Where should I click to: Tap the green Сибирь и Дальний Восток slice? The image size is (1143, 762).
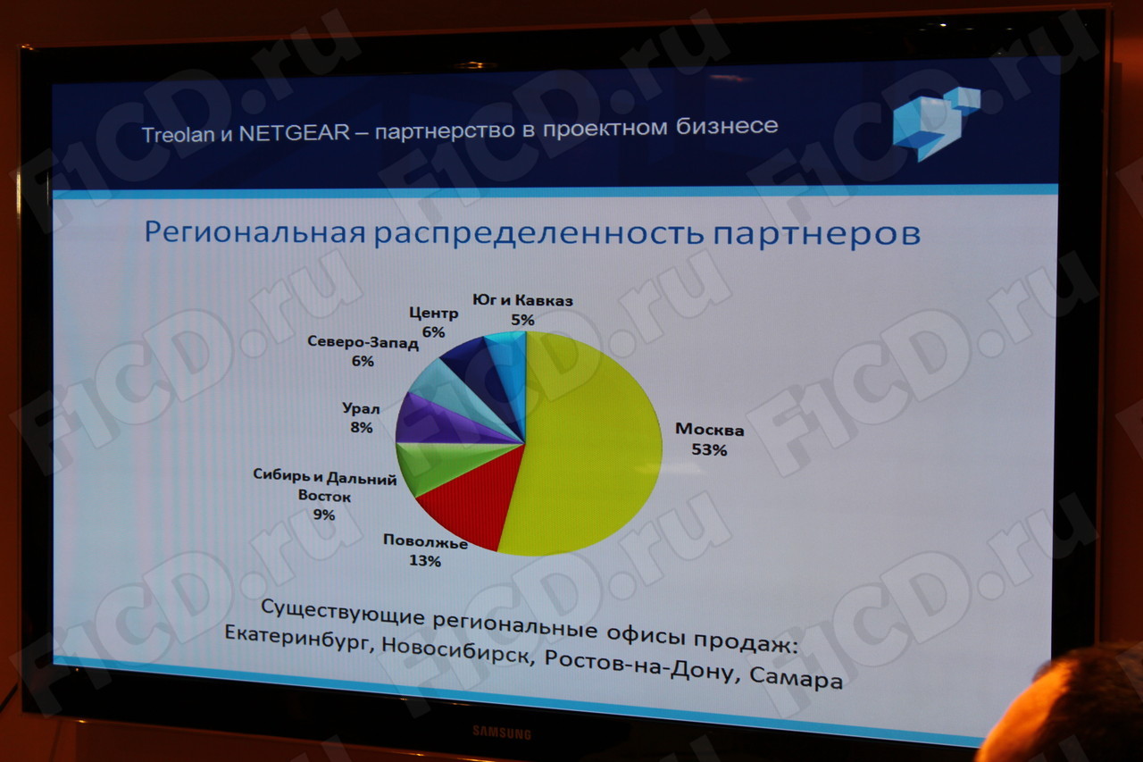click(x=438, y=465)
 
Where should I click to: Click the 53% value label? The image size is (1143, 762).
click(x=709, y=449)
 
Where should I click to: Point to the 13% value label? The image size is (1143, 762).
click(x=424, y=561)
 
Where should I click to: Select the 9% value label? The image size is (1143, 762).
click(x=324, y=515)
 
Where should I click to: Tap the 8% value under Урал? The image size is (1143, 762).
click(x=362, y=427)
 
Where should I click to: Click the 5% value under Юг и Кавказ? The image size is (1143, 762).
click(x=522, y=320)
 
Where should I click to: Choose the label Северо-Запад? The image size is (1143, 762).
click(x=363, y=342)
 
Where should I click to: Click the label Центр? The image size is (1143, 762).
click(x=434, y=313)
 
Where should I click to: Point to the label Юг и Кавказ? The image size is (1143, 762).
click(x=522, y=300)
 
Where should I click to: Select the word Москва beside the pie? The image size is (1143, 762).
click(x=710, y=430)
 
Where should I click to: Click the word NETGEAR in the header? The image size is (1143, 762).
click(x=295, y=134)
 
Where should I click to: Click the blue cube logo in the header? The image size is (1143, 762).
click(x=936, y=124)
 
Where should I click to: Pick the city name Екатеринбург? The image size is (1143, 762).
click(x=296, y=639)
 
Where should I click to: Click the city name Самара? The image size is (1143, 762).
click(x=796, y=677)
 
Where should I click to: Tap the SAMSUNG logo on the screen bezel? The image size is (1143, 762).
click(x=502, y=733)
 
